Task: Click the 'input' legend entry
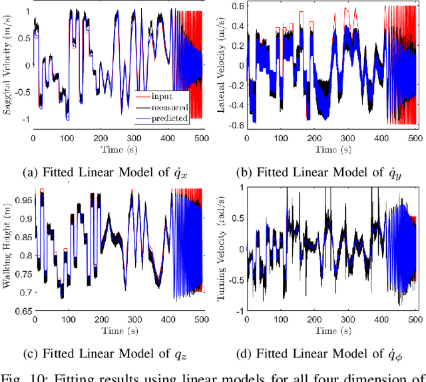[x=162, y=96]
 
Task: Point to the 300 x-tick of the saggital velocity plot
[x=137, y=140]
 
